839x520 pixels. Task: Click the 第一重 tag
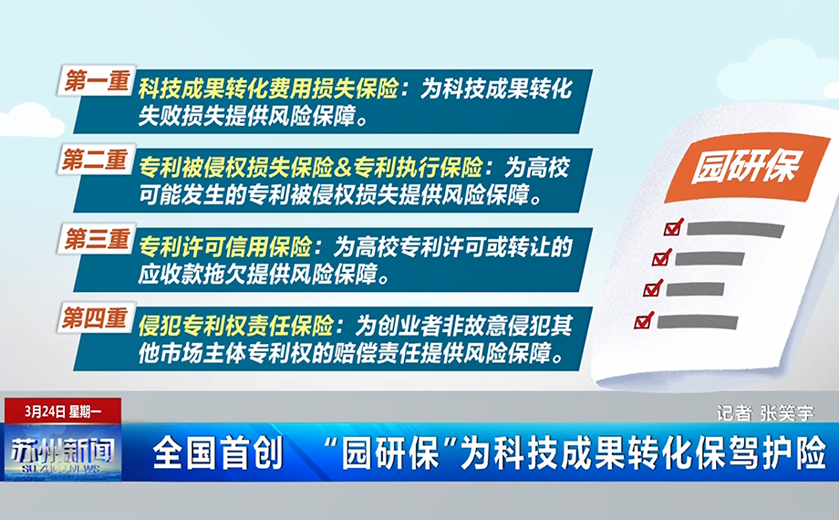point(97,81)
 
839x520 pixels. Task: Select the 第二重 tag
point(96,160)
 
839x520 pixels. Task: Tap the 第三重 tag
point(97,239)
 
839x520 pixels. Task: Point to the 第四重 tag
point(96,318)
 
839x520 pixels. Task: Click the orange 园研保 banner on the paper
point(746,167)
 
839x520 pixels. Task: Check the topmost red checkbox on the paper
point(674,227)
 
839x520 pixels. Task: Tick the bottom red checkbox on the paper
point(643,320)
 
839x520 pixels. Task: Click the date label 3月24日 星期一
point(63,411)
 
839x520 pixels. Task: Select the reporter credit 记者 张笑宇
point(765,413)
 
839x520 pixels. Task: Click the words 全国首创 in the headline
point(218,452)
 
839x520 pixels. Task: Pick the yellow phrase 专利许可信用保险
point(225,247)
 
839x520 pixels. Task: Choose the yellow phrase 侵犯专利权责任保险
point(236,326)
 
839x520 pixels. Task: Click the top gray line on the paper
point(736,230)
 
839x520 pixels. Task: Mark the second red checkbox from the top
point(662,257)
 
